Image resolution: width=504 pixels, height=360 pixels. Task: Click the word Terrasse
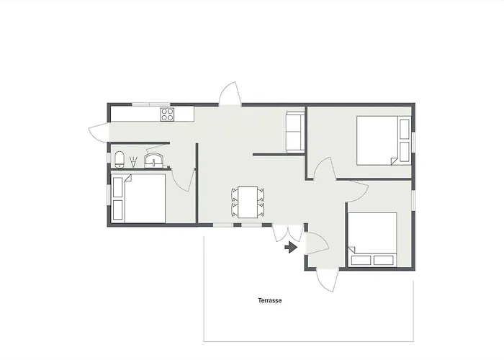tap(269, 301)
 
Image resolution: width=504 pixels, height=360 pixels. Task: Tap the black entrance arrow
tap(291, 247)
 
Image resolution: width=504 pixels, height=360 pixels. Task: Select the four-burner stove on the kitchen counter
tap(167, 114)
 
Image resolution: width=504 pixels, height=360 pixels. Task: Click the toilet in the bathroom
tap(120, 158)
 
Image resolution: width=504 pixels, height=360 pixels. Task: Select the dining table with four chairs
tap(248, 201)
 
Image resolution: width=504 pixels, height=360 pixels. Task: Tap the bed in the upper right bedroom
tap(378, 140)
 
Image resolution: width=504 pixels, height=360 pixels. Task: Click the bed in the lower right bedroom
tap(372, 240)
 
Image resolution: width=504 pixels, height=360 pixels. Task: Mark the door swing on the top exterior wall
tap(230, 94)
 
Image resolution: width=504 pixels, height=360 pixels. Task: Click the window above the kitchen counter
tap(150, 104)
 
